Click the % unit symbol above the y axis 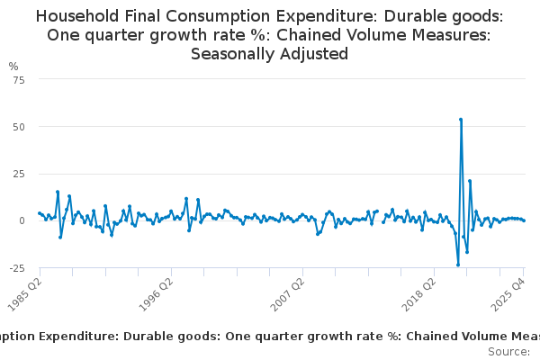click(x=13, y=67)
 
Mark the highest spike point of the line click(x=461, y=119)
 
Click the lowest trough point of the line click(x=458, y=265)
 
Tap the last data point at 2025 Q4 click(x=524, y=220)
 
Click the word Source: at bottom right click(x=509, y=351)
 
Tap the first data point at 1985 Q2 click(x=39, y=213)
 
